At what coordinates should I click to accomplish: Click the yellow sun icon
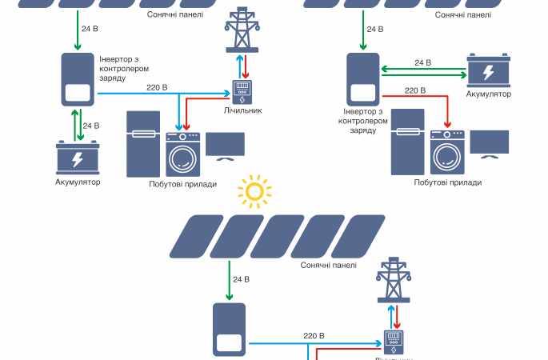(x=254, y=191)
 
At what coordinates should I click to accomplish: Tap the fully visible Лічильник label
(x=243, y=110)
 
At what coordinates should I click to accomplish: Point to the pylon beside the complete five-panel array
(x=392, y=282)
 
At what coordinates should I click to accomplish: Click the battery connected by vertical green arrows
(x=78, y=158)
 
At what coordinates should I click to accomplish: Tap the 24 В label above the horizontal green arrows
(x=422, y=62)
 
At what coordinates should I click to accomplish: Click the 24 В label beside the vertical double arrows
(x=91, y=126)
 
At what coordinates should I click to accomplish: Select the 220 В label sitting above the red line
(x=414, y=90)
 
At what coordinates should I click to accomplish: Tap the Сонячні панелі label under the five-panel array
(x=329, y=266)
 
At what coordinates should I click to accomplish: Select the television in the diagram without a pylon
(x=489, y=142)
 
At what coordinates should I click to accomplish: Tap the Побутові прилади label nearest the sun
(x=182, y=184)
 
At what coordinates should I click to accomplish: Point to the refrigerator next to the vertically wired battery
(x=144, y=144)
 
